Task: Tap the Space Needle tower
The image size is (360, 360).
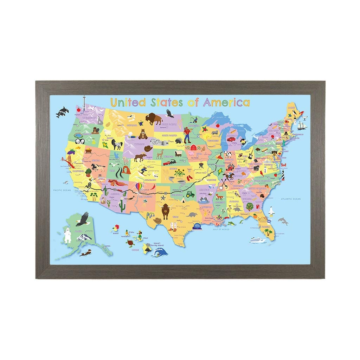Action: point(84,103)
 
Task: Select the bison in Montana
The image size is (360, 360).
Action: point(154,118)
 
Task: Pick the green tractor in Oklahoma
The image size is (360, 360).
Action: point(190,194)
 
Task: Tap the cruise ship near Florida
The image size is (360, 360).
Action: point(258,240)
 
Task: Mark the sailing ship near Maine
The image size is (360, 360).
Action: point(302,125)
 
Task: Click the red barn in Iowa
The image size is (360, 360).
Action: point(193,147)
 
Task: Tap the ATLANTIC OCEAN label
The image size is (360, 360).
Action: point(291,199)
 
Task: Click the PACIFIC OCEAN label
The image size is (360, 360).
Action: point(62,190)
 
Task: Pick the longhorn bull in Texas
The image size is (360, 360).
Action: point(165,210)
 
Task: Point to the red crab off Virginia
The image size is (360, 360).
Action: point(284,164)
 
